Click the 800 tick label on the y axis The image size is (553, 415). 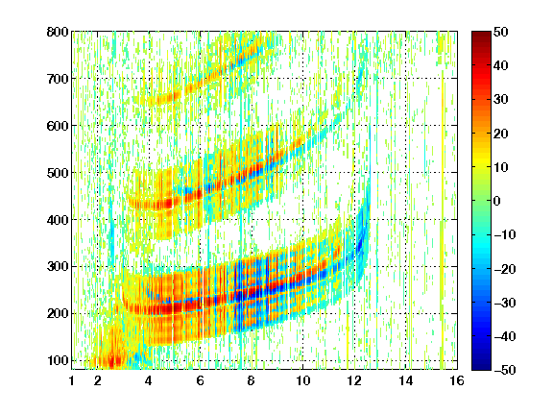click(x=58, y=32)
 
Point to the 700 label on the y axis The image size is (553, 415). click(x=58, y=79)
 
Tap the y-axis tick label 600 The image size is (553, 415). click(x=58, y=126)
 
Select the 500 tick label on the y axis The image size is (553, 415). click(x=58, y=173)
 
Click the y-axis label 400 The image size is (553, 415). click(x=58, y=220)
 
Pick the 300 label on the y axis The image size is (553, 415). click(x=58, y=267)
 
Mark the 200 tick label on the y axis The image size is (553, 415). click(x=58, y=314)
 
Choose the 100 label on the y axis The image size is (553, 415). click(x=58, y=360)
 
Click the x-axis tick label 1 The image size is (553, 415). click(x=72, y=380)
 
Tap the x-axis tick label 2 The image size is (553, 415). click(x=98, y=380)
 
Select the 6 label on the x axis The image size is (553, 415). click(x=201, y=380)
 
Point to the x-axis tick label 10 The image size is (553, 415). click(x=302, y=380)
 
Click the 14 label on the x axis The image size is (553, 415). click(x=405, y=380)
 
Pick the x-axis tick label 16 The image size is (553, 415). click(x=457, y=380)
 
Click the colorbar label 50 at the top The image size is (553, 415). click(x=501, y=32)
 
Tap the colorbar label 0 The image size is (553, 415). click(x=497, y=201)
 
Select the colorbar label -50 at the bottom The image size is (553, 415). click(x=504, y=370)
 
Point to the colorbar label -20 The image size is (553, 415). click(x=504, y=269)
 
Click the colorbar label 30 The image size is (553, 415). click(x=501, y=100)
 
